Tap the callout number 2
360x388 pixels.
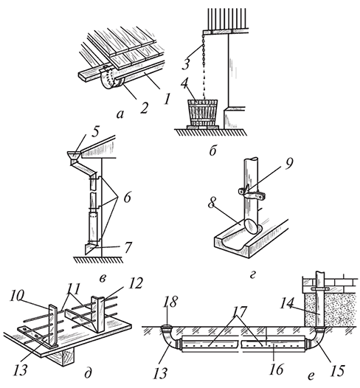(144, 108)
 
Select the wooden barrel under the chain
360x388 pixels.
(203, 113)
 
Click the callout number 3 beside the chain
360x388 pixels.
(186, 63)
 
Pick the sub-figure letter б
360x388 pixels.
(213, 150)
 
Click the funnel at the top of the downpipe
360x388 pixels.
(75, 156)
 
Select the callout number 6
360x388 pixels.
(127, 198)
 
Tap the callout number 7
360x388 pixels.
(128, 247)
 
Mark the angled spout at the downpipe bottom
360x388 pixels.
(90, 249)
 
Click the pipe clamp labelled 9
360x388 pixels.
(252, 194)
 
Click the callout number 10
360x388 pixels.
(17, 297)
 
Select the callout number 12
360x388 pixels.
(135, 283)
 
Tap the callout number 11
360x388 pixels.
(74, 288)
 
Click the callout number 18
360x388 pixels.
(170, 302)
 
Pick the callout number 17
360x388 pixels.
(240, 313)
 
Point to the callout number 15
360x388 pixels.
(336, 370)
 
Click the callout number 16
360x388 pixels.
(277, 370)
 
